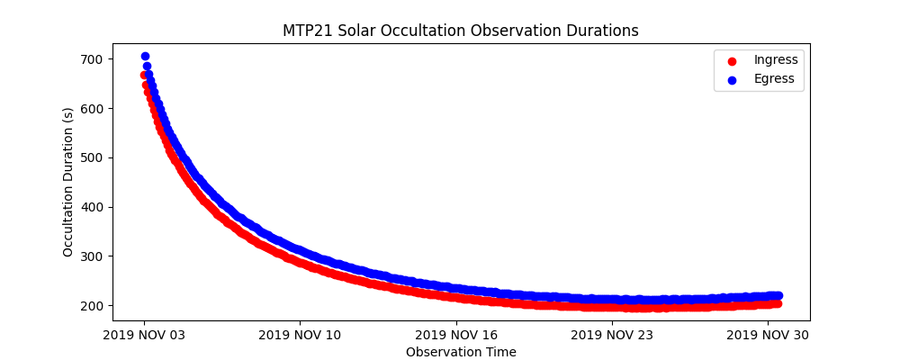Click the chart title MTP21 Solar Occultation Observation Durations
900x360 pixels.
(x=461, y=31)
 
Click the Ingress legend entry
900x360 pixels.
(x=776, y=59)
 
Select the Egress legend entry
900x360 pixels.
(x=774, y=78)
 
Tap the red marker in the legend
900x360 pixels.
(x=731, y=60)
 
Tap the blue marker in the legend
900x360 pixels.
(x=731, y=79)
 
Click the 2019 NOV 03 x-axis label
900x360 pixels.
(x=144, y=336)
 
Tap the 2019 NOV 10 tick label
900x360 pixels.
(x=300, y=336)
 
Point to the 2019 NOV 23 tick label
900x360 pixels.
(x=612, y=336)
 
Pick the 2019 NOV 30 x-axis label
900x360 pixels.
(x=768, y=336)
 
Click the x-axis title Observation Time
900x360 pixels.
(x=461, y=353)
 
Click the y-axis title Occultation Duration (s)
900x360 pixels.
(x=68, y=182)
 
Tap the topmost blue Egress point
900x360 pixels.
(x=145, y=56)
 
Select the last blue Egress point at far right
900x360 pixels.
(x=778, y=295)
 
